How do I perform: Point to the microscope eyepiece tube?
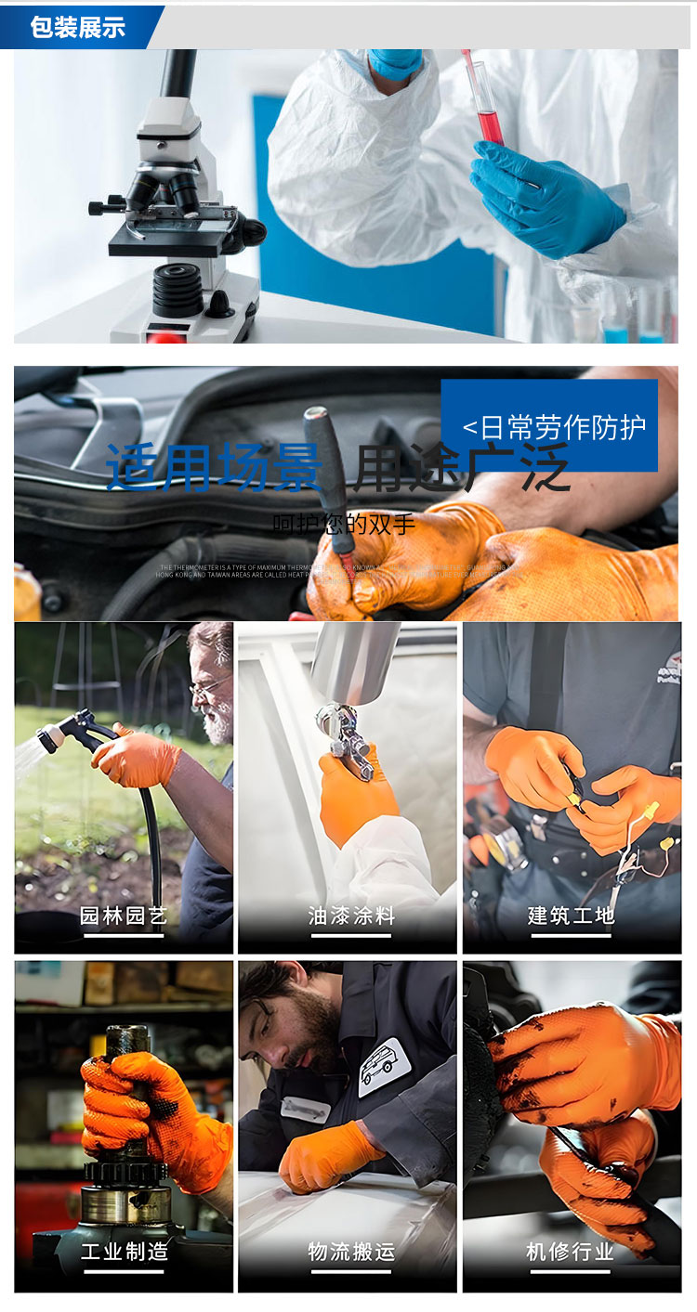click(x=177, y=73)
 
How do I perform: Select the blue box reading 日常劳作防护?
click(x=549, y=425)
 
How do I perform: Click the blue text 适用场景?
click(x=214, y=467)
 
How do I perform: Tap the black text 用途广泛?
click(x=461, y=467)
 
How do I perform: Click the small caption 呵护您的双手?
click(x=344, y=523)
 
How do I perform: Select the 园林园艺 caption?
click(x=123, y=916)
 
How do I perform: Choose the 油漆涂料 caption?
click(x=351, y=916)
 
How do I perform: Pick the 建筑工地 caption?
click(x=572, y=916)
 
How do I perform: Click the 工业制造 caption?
click(x=124, y=1251)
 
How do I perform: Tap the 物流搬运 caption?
click(x=351, y=1251)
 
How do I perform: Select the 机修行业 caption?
click(x=571, y=1251)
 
